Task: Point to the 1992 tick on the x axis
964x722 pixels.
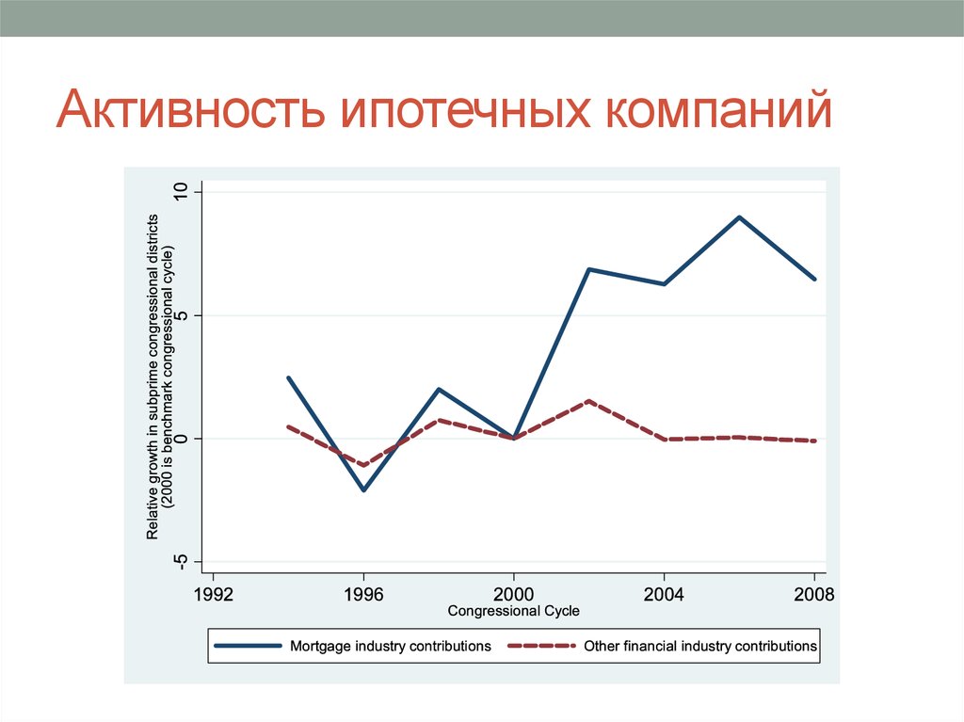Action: [x=213, y=595]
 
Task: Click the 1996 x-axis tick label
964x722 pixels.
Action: [x=363, y=595]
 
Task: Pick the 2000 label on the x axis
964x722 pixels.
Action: [x=514, y=595]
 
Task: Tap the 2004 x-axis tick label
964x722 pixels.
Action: [x=665, y=595]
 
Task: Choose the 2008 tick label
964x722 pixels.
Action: [x=814, y=595]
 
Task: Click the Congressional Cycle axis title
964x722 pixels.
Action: [x=514, y=611]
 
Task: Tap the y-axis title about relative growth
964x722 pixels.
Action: [x=160, y=377]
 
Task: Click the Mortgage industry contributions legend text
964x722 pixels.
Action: [x=391, y=646]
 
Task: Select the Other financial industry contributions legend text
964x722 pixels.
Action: [x=700, y=646]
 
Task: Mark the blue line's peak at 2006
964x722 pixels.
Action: [x=740, y=217]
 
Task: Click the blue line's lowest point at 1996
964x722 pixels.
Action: [x=363, y=490]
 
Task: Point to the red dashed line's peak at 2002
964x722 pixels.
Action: [x=589, y=401]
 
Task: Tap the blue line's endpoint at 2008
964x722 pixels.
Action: [x=814, y=279]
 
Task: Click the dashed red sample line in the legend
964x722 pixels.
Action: [x=540, y=646]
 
